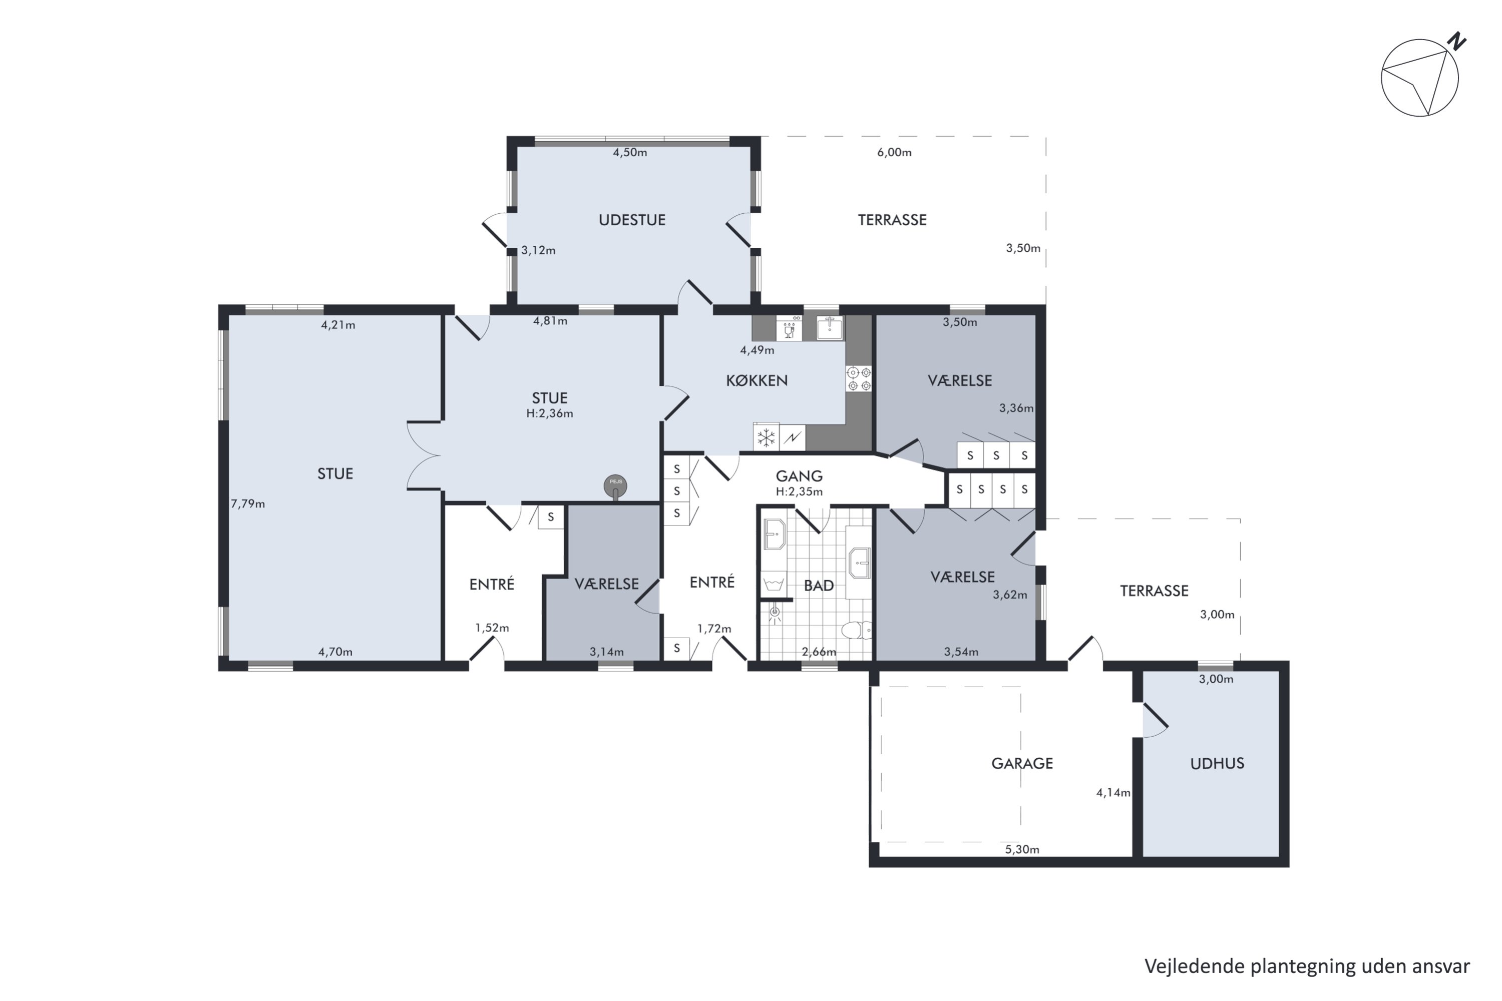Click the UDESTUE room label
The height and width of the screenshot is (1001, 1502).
[x=631, y=220]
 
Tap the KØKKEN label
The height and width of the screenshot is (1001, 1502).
[x=757, y=381]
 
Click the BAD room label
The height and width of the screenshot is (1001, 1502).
[x=819, y=586]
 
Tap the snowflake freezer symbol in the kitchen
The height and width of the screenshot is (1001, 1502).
[x=766, y=438]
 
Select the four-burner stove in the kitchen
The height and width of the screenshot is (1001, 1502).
[x=859, y=378]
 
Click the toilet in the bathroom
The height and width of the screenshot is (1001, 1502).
[x=856, y=630]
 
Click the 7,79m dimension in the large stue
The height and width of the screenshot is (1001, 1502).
[x=248, y=504]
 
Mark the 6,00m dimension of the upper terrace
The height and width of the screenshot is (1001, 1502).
[x=894, y=153]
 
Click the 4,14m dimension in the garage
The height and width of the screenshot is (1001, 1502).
[x=1113, y=793]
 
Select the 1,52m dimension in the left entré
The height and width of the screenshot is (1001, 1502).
[x=492, y=628]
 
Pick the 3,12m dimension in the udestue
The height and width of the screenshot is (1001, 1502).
[x=538, y=250]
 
